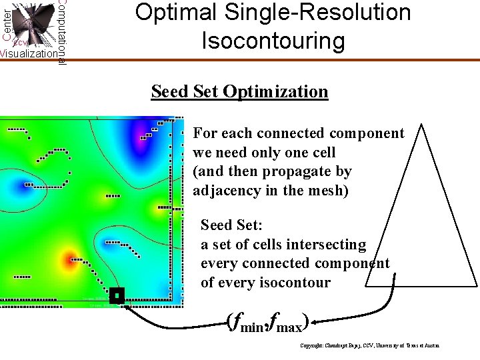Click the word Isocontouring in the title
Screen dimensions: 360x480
pyautogui.click(x=273, y=41)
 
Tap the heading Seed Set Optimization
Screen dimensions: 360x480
pyautogui.click(x=239, y=91)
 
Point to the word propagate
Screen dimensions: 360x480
pyautogui.click(x=299, y=171)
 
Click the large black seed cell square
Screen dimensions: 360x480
pyautogui.click(x=117, y=295)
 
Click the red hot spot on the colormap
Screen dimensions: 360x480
pyautogui.click(x=69, y=260)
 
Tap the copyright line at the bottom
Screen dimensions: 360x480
pyautogui.click(x=369, y=346)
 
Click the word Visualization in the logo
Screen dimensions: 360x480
pyautogui.click(x=28, y=54)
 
